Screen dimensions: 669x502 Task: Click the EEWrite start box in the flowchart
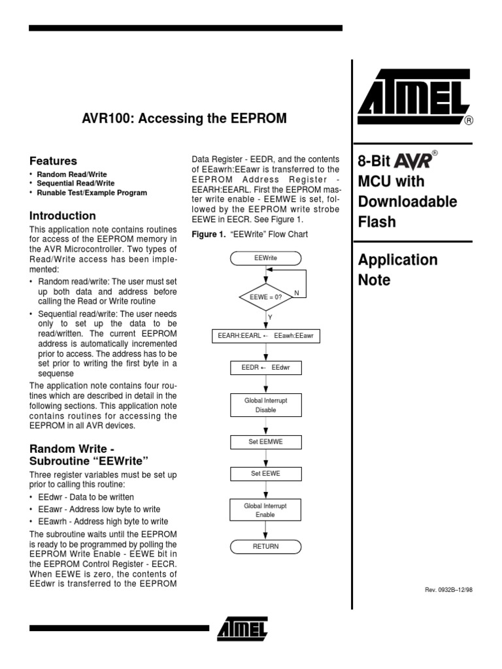(265, 258)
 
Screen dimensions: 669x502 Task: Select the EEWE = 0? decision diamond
(265, 297)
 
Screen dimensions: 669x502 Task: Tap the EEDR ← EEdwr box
(265, 368)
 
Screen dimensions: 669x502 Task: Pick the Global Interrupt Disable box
(265, 405)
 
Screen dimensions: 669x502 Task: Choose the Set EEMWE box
(265, 442)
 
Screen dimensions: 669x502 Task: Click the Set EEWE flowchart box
(265, 473)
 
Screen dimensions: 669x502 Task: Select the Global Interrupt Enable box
(265, 510)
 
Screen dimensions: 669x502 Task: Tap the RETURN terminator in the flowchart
(265, 546)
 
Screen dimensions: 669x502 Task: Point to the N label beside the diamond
(296, 293)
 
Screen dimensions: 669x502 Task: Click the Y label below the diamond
(270, 316)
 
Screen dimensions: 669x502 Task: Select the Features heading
(54, 161)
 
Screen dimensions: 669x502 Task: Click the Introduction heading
(63, 216)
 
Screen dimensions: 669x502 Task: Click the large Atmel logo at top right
(414, 101)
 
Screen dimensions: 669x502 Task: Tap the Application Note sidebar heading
(397, 270)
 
